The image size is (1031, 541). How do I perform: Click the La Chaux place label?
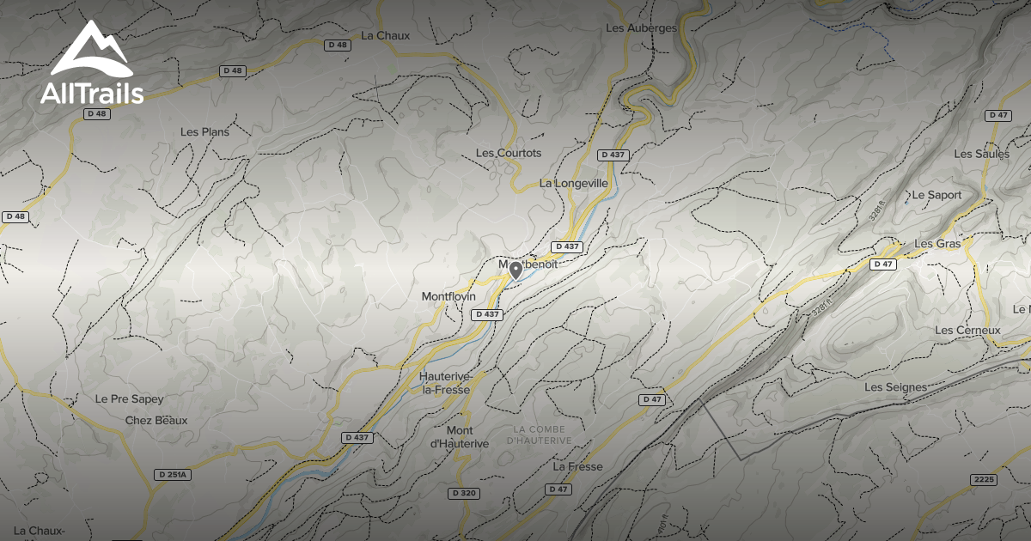tap(386, 36)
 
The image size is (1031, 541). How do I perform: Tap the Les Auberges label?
tap(641, 27)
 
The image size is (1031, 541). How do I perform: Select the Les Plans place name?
tap(204, 132)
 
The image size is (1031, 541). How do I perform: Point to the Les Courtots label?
tap(509, 153)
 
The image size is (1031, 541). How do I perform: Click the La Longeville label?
tap(574, 183)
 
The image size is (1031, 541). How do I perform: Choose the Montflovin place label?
tap(448, 296)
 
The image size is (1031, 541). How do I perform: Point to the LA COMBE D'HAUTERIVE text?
tap(541, 435)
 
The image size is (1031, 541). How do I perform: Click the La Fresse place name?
tap(578, 467)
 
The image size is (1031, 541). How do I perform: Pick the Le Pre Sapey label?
tap(129, 399)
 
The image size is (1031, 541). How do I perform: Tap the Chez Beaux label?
tap(156, 420)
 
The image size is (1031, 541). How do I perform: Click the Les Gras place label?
tap(937, 244)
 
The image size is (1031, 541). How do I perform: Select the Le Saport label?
tap(937, 195)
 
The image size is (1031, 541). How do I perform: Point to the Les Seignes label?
tap(895, 387)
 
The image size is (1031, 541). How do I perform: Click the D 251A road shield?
tap(173, 474)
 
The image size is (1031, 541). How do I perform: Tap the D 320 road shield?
tap(464, 493)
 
